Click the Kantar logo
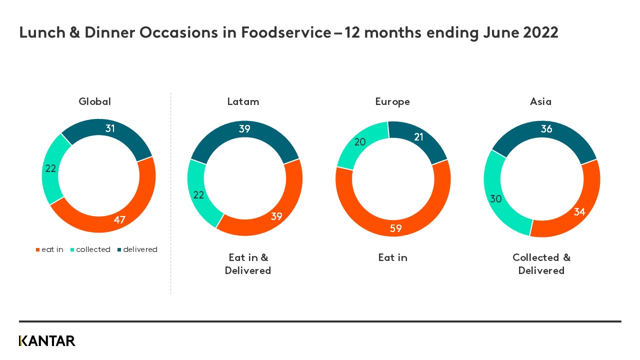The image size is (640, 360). point(47,341)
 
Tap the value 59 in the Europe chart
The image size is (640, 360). point(395,229)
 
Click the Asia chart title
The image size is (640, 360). point(540,101)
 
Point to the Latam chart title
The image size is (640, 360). point(243,101)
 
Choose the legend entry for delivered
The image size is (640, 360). point(137,249)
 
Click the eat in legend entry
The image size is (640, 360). point(49,249)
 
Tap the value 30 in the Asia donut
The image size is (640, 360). point(495,199)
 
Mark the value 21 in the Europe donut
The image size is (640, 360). point(418,137)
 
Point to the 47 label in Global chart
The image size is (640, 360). point(119,220)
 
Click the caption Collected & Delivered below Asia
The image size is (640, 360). point(541,264)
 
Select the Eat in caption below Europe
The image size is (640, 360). point(392,257)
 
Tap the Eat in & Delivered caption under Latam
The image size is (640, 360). point(248,264)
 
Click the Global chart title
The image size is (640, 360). point(94,101)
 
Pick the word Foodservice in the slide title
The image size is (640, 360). point(285,32)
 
